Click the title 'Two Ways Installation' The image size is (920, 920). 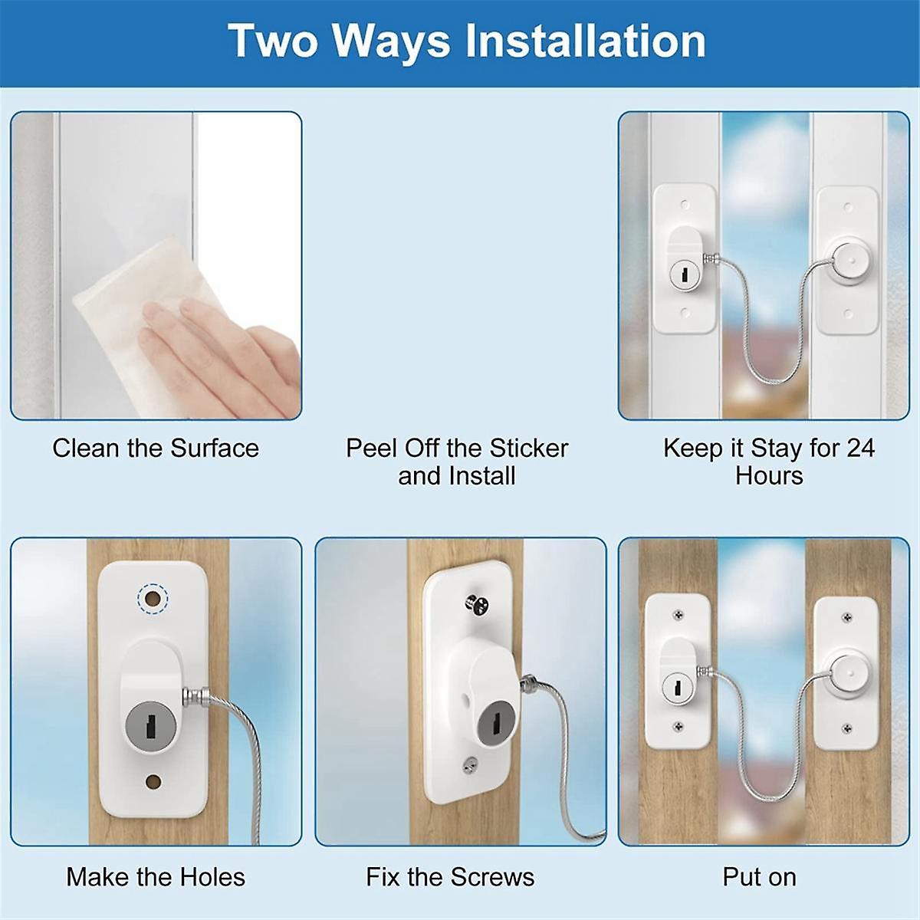coord(467,41)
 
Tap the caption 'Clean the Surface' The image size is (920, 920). coord(156,449)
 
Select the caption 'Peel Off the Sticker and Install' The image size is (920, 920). coord(457,462)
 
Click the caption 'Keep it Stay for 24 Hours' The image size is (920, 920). coord(769,462)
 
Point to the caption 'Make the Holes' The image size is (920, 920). coord(156,877)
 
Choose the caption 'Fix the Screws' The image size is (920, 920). coord(450,877)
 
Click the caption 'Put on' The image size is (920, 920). coord(759,877)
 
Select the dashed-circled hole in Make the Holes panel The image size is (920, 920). coord(151,597)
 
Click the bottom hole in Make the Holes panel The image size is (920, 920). coord(153,781)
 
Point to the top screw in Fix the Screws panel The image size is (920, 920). coord(475,603)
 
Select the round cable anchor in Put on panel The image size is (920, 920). coord(847,672)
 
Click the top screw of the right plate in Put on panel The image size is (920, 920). coord(847,616)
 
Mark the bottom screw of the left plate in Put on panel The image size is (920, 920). coord(678,727)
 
